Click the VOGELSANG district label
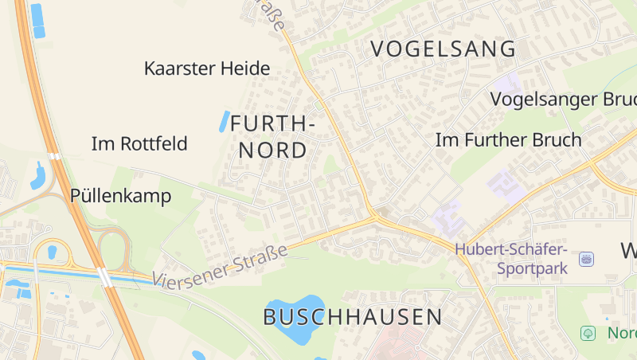[x=444, y=49]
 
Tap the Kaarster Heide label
[x=207, y=68]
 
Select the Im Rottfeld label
[x=139, y=144]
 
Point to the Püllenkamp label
[x=120, y=196]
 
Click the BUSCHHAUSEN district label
[x=353, y=316]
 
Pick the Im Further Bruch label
[x=508, y=140]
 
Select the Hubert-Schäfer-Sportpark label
[x=510, y=258]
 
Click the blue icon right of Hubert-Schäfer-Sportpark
[x=587, y=259]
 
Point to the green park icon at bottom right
[x=588, y=332]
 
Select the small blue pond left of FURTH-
[x=225, y=120]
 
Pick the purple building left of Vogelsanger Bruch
[x=508, y=82]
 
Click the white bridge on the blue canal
[x=104, y=277]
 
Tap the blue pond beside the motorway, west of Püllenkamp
[x=38, y=174]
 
